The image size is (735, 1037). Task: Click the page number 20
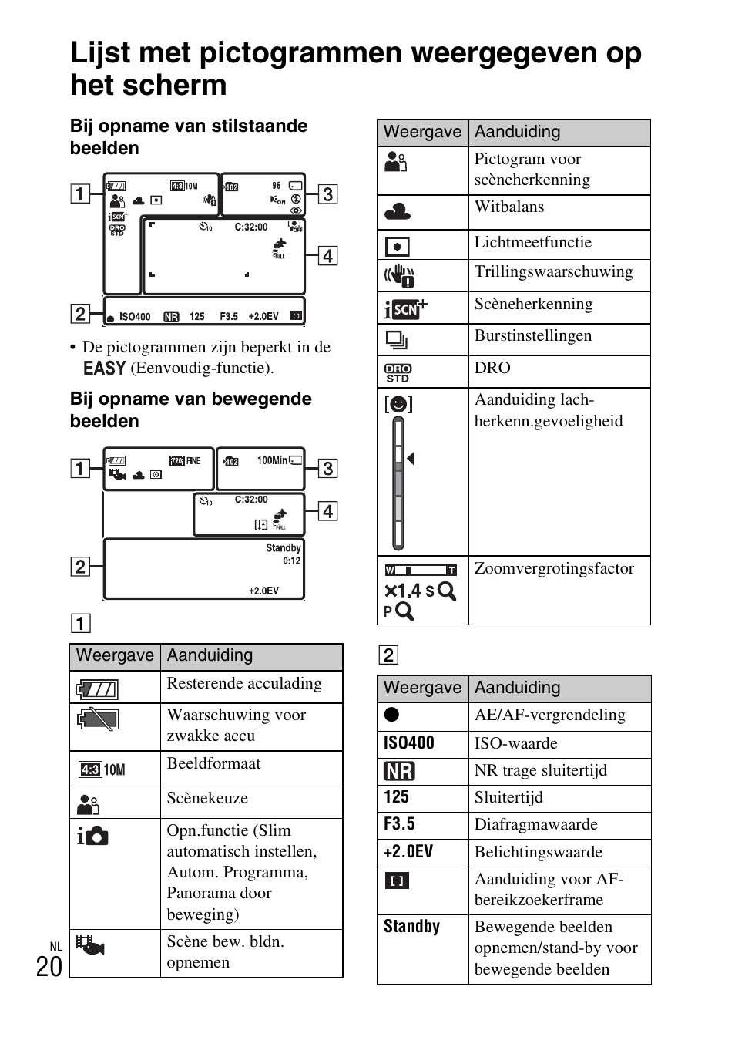tap(49, 967)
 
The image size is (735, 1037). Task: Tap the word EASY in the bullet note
tap(104, 369)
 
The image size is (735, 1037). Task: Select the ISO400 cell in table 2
tap(409, 743)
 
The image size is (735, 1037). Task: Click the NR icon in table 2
tap(399, 771)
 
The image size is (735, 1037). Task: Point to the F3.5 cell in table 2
tap(399, 824)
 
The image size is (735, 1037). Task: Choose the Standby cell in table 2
tap(411, 927)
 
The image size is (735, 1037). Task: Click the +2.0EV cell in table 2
tap(408, 852)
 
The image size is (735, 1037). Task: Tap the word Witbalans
tap(508, 207)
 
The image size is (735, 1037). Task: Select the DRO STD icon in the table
tap(398, 373)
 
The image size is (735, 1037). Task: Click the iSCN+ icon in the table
tap(404, 309)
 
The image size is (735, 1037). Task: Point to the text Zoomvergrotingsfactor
tap(554, 568)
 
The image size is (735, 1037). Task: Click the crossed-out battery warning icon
tap(98, 720)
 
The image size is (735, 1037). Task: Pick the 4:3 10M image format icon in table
tap(102, 769)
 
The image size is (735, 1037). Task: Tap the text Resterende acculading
tap(244, 683)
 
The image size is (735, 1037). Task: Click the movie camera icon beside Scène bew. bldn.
tap(90, 945)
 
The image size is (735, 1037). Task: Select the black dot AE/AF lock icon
tap(392, 715)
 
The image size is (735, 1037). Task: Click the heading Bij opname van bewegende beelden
tap(190, 409)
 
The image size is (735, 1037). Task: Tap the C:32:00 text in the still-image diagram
tap(251, 227)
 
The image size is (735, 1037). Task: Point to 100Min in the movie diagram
tap(272, 460)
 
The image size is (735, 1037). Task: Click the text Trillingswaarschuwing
tap(553, 271)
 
